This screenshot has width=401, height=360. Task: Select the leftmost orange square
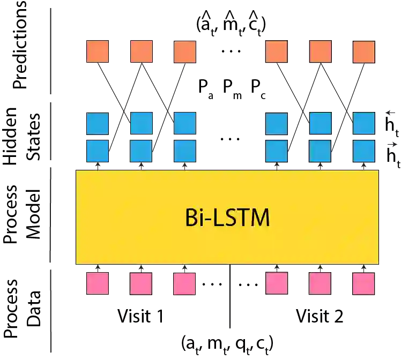tap(99, 51)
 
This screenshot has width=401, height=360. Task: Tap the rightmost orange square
tap(364, 51)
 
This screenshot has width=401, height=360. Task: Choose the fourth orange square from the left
tap(277, 51)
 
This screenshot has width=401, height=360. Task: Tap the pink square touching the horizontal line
tap(277, 282)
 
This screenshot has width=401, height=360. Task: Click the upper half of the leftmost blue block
tap(99, 124)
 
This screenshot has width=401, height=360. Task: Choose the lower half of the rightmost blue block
tap(364, 149)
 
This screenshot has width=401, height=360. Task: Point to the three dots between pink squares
tap(212, 285)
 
